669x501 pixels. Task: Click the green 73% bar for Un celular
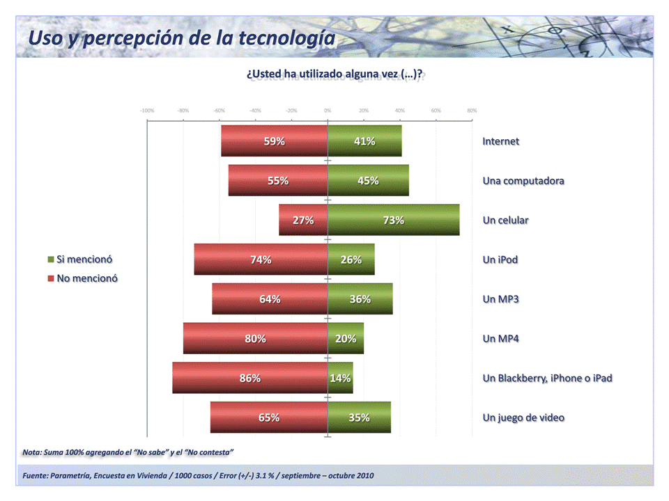click(x=394, y=220)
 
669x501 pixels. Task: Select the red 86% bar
click(x=250, y=378)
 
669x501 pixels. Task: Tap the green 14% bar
click(x=340, y=378)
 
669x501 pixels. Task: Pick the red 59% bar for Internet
click(x=275, y=141)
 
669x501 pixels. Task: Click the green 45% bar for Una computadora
click(x=368, y=181)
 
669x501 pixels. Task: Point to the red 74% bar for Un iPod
click(x=261, y=260)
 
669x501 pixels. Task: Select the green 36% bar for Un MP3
click(x=360, y=299)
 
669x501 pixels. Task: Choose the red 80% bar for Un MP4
click(x=255, y=339)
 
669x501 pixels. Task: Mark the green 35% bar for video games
click(x=359, y=417)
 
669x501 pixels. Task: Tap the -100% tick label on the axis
click(x=147, y=111)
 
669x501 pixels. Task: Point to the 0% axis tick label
click(x=328, y=111)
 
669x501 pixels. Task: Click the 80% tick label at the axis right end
click(x=472, y=111)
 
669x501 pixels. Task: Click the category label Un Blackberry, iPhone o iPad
click(x=547, y=378)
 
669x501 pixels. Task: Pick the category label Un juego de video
click(x=523, y=417)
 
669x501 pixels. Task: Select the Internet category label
click(x=500, y=141)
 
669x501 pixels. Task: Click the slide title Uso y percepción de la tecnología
click(x=181, y=38)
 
